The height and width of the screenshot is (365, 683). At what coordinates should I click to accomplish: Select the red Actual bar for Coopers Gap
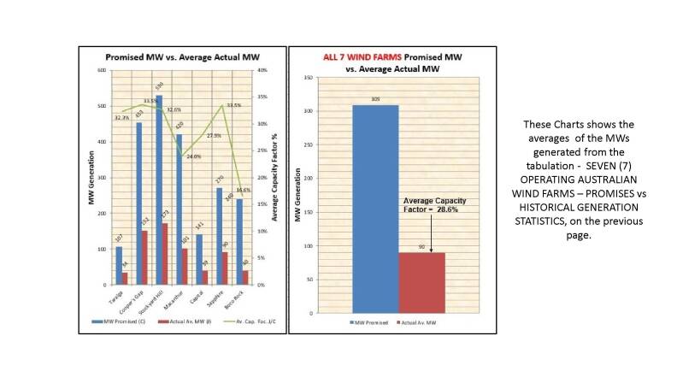(144, 257)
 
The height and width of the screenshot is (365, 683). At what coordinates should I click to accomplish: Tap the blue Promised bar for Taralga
(119, 265)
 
